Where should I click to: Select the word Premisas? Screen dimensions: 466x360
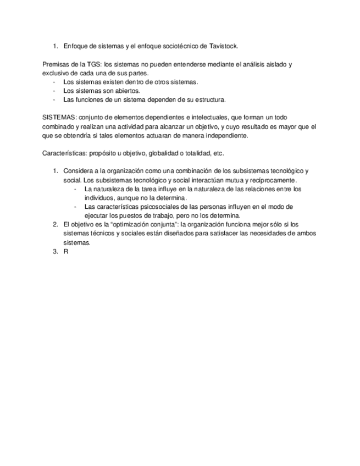(56, 64)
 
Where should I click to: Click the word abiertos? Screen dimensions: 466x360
(126, 91)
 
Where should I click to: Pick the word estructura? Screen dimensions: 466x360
(207, 99)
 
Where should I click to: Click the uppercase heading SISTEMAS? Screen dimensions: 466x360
(60, 118)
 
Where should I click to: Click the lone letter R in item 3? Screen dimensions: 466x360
(66, 251)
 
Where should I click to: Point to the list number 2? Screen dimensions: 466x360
(55, 224)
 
